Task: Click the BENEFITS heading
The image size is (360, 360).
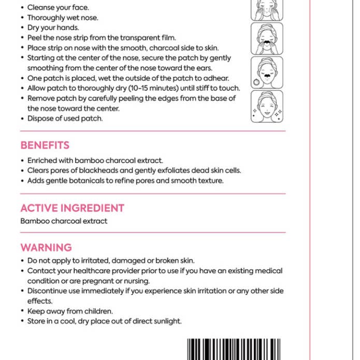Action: pyautogui.click(x=45, y=146)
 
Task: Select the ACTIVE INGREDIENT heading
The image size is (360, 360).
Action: pyautogui.click(x=72, y=208)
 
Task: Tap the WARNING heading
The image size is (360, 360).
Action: pyautogui.click(x=46, y=248)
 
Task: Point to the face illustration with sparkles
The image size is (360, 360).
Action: pyautogui.click(x=267, y=107)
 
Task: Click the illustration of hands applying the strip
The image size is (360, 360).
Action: pyautogui.click(x=267, y=38)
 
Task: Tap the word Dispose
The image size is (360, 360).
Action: pyautogui.click(x=40, y=118)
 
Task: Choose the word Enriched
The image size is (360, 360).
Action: pyautogui.click(x=42, y=161)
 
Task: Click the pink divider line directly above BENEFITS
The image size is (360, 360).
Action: pyautogui.click(x=153, y=131)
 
